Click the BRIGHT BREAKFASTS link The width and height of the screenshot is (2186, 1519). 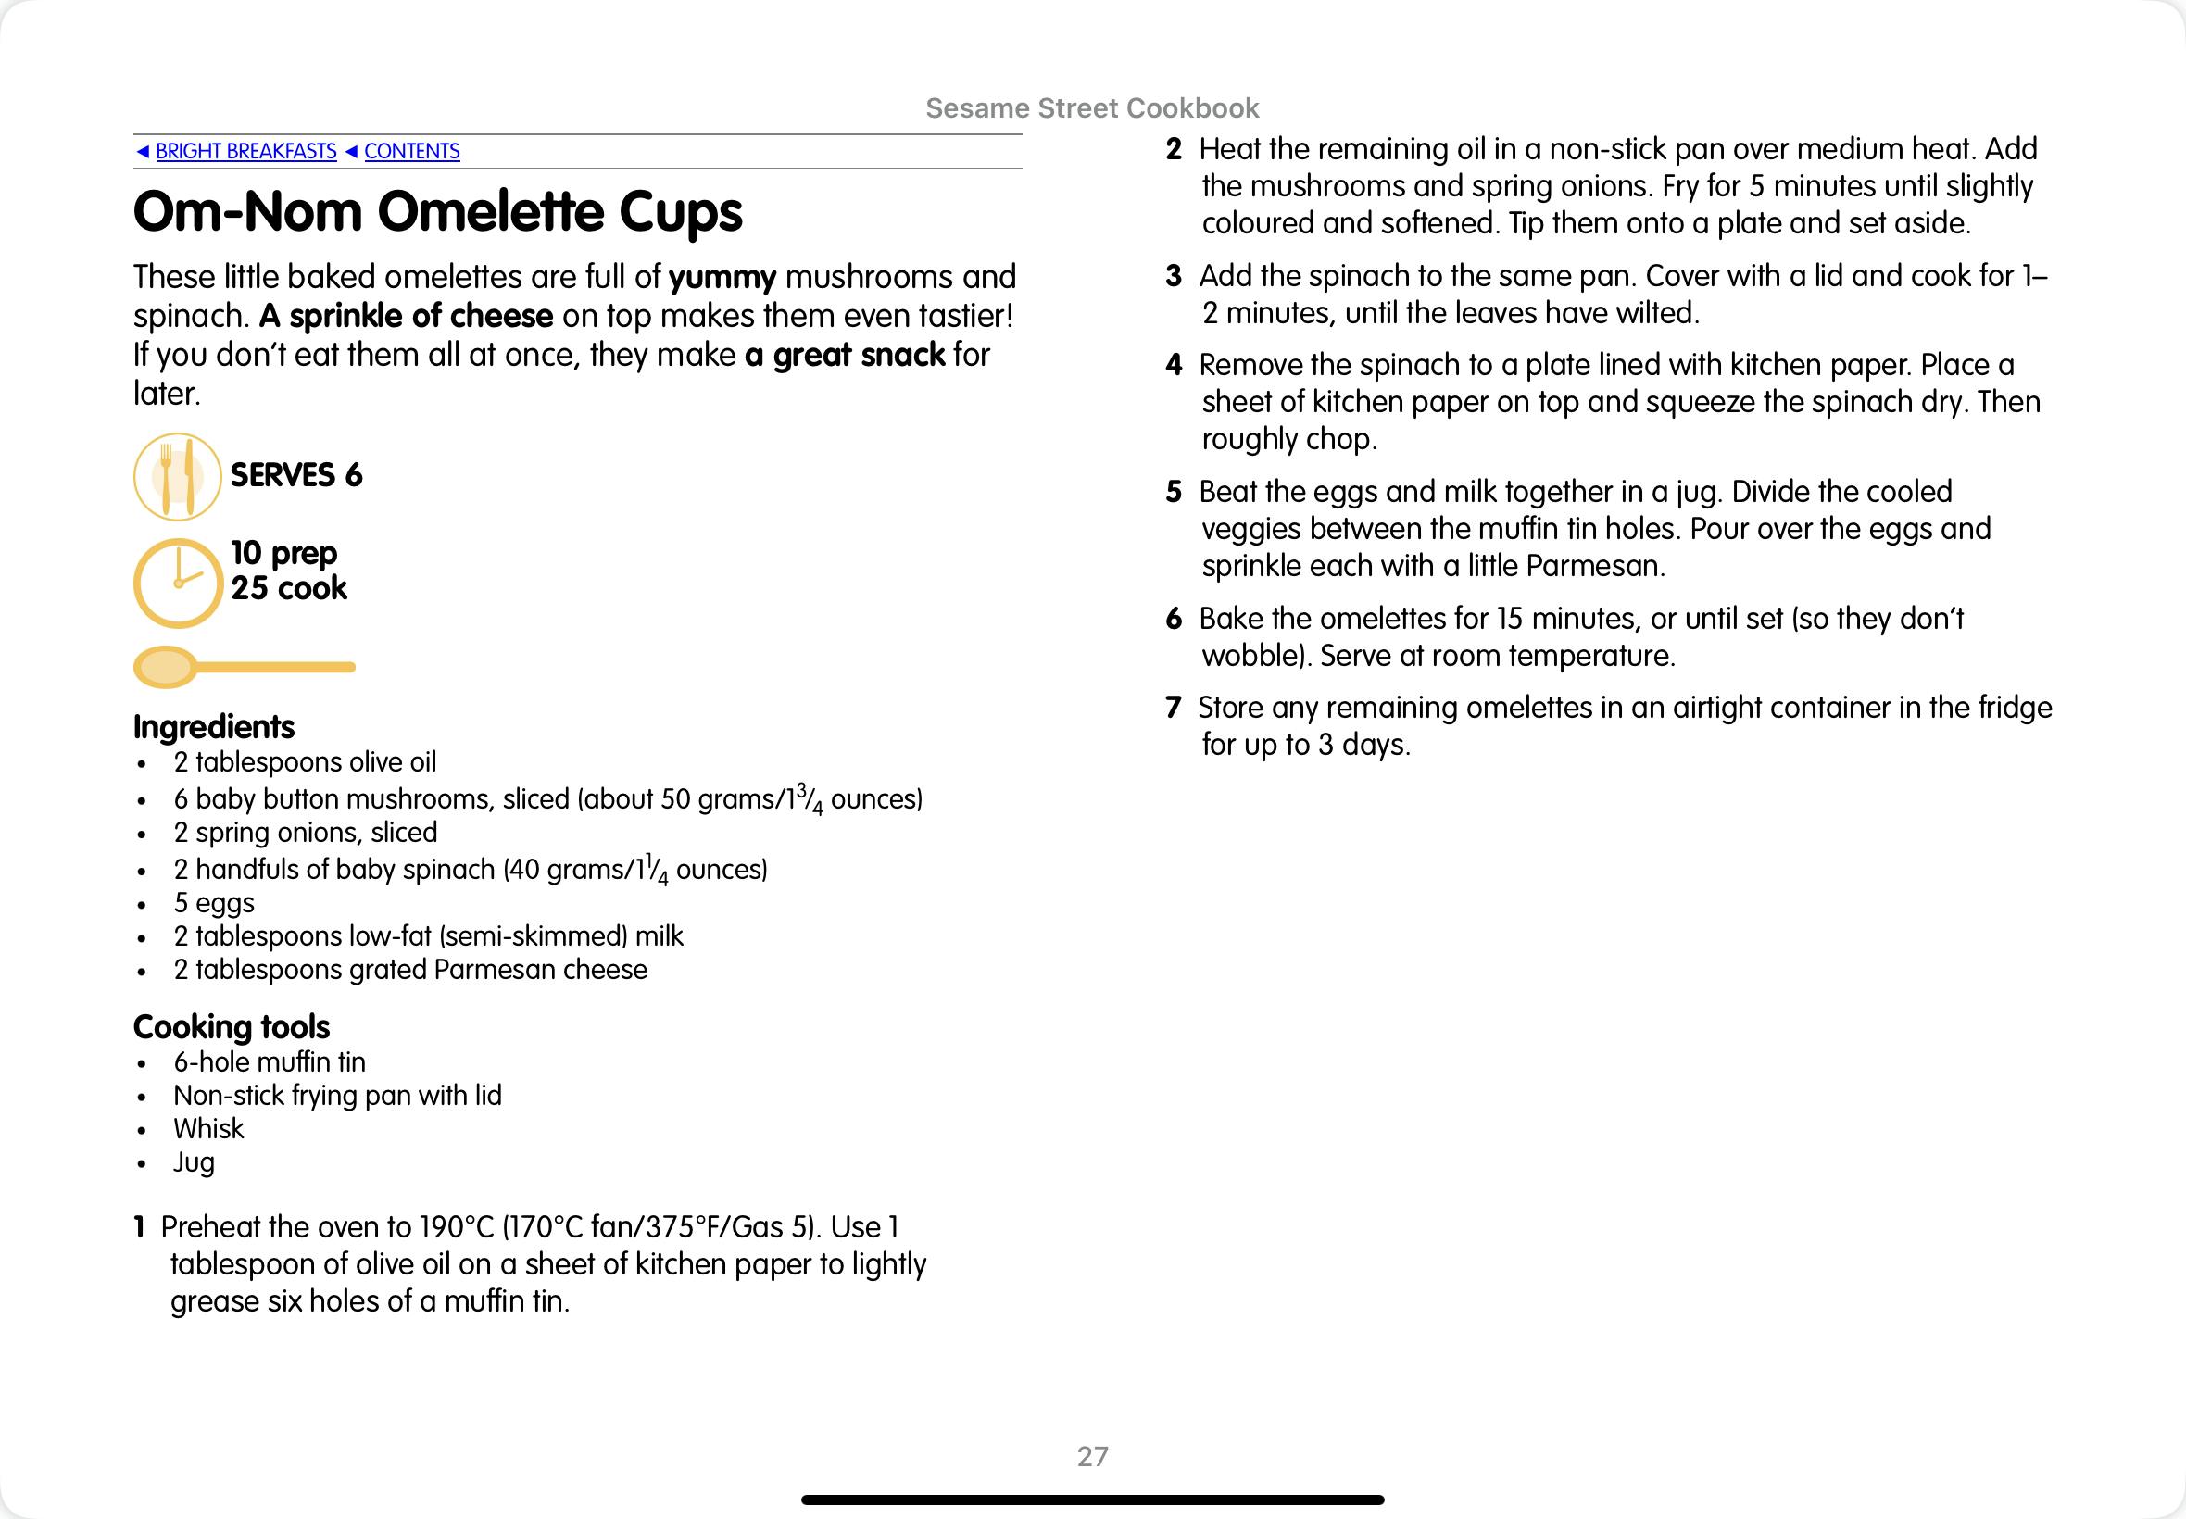click(245, 151)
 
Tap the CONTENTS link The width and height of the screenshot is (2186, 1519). click(411, 151)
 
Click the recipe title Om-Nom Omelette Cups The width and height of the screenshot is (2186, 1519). click(438, 211)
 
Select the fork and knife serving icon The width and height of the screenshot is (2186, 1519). click(177, 476)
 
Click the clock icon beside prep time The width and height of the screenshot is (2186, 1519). click(178, 584)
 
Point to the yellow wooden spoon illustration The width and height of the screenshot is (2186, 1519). click(244, 667)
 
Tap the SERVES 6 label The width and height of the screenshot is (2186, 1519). click(296, 475)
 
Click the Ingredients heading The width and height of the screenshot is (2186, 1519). click(214, 727)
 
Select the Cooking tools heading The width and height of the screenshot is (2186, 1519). click(232, 1027)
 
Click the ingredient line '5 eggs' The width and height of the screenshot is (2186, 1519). click(214, 902)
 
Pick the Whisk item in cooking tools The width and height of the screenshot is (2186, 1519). click(208, 1129)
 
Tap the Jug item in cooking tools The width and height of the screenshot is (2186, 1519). click(195, 1162)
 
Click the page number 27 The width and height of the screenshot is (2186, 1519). click(1092, 1456)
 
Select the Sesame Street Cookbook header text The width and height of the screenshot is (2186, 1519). click(1092, 108)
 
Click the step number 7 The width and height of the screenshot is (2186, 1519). click(1174, 707)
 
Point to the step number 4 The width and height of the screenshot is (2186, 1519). click(1174, 365)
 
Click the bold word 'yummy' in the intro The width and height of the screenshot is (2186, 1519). click(722, 277)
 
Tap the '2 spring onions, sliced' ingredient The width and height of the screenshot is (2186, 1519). click(306, 833)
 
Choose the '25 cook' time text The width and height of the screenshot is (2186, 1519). click(289, 588)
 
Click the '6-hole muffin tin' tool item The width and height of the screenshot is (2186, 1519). click(270, 1062)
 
